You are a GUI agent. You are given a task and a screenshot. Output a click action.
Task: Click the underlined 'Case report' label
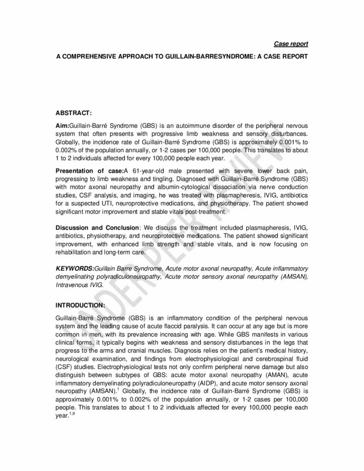pos(291,44)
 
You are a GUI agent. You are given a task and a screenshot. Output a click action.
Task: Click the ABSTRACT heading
pos(74,113)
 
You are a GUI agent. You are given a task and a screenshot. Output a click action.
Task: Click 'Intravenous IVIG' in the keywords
pos(79,285)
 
